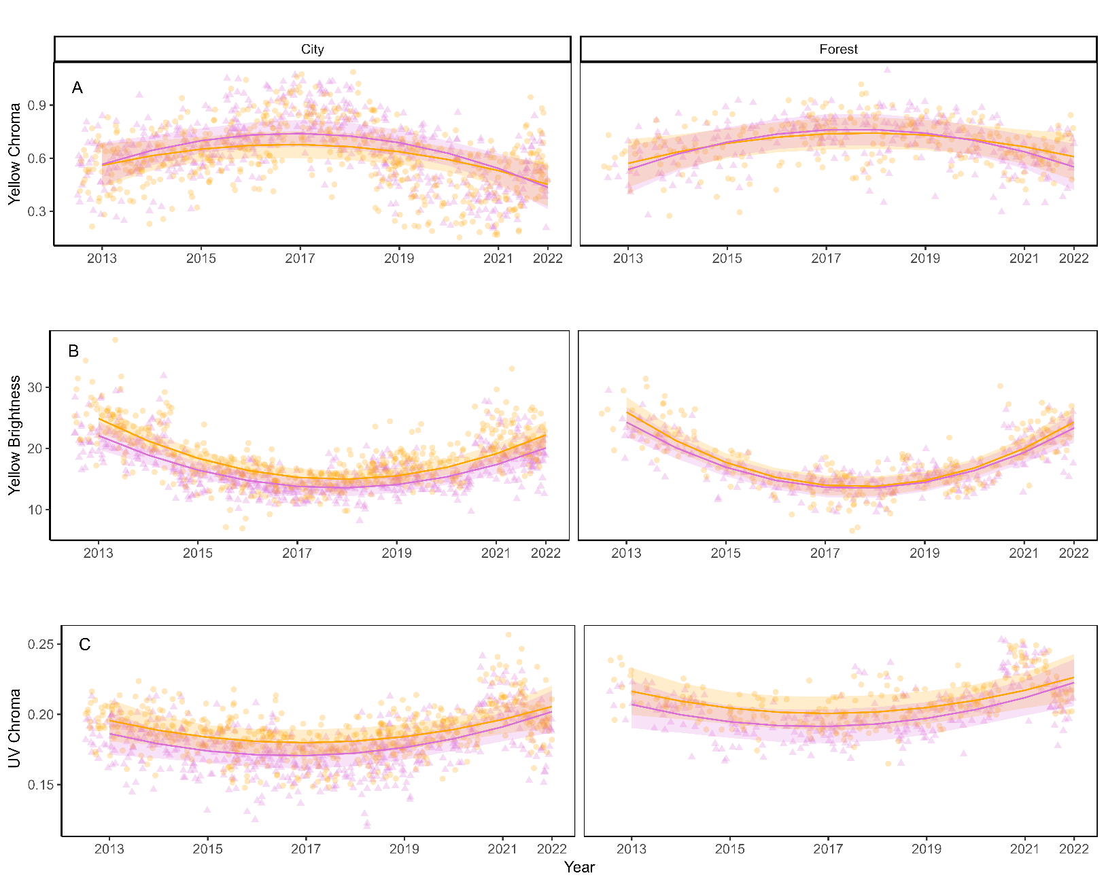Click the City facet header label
click(312, 49)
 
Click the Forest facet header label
click(838, 49)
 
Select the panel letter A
click(77, 88)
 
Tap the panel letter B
click(73, 351)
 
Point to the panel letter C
click(84, 644)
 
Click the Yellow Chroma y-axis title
click(14, 154)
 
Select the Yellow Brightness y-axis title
click(14, 436)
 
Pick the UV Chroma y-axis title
click(14, 728)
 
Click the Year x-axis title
click(579, 867)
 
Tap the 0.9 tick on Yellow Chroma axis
click(37, 105)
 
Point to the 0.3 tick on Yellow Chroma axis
click(37, 211)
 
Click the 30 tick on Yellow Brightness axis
click(35, 387)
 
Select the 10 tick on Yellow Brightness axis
click(35, 510)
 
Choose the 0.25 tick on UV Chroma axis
click(40, 644)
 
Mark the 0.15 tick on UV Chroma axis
click(40, 785)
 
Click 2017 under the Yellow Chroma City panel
click(300, 258)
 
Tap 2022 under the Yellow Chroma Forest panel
click(1073, 258)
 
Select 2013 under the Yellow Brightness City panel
click(99, 553)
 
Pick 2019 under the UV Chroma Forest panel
click(926, 849)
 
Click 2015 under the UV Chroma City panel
click(207, 849)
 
